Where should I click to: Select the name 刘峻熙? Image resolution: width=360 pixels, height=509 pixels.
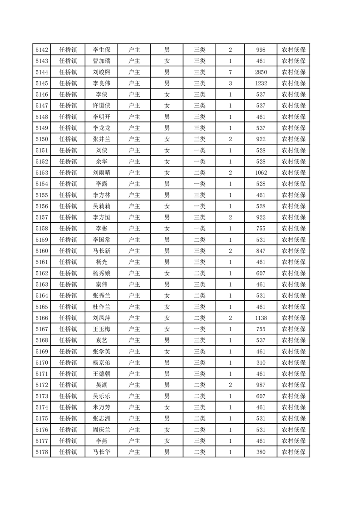point(102,72)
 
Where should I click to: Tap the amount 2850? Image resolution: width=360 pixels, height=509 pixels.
point(261,72)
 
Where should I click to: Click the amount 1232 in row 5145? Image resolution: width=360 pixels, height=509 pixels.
point(261,83)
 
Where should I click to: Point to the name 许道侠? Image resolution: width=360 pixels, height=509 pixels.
point(102,106)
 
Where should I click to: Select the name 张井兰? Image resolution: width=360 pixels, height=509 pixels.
point(102,139)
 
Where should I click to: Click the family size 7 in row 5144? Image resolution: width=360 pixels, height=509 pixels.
point(231,72)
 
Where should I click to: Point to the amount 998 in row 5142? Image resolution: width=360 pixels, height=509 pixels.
point(261,50)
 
